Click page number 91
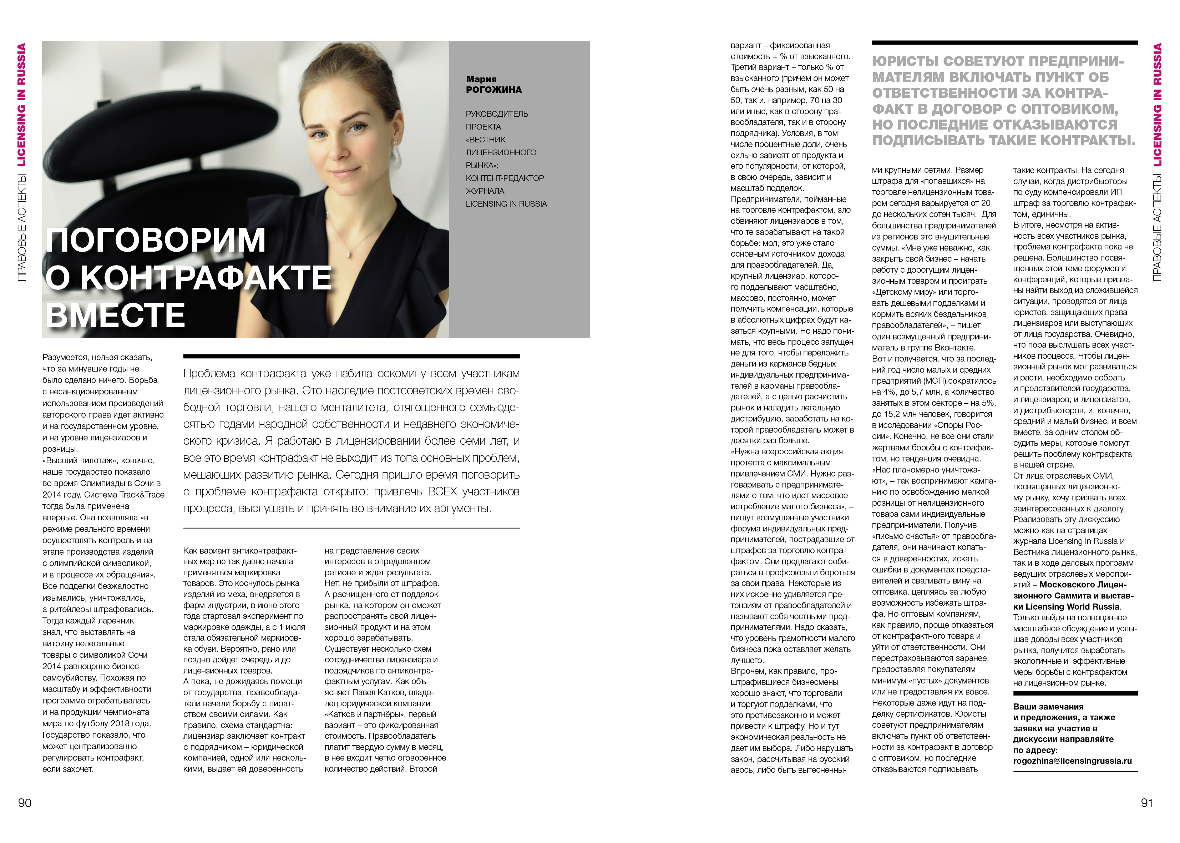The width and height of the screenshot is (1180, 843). (x=1147, y=803)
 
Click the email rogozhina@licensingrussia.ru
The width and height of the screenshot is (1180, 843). (x=1072, y=761)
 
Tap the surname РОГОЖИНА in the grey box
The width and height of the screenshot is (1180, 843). (x=493, y=90)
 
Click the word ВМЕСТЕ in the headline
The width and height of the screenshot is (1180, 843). (x=116, y=315)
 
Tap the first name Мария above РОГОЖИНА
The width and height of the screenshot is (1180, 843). (x=481, y=79)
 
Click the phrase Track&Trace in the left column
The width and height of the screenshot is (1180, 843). (x=142, y=495)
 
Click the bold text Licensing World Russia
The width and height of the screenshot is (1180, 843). (x=1073, y=606)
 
